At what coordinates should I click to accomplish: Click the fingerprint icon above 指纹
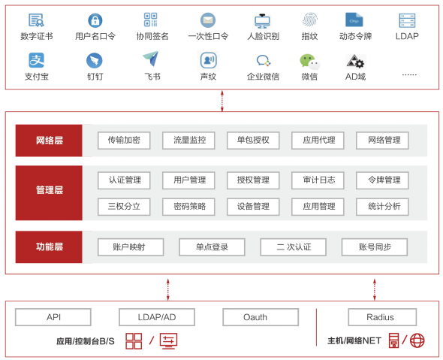pyautogui.click(x=310, y=20)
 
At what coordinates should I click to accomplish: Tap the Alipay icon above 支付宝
pyautogui.click(x=37, y=60)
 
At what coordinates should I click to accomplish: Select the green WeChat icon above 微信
pyautogui.click(x=309, y=62)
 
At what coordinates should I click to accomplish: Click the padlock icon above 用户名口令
pyautogui.click(x=95, y=20)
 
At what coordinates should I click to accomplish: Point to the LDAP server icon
pyautogui.click(x=407, y=20)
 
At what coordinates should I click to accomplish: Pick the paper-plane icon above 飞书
pyautogui.click(x=151, y=59)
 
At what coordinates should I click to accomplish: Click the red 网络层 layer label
pyautogui.click(x=49, y=141)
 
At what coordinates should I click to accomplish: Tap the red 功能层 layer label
pyautogui.click(x=49, y=247)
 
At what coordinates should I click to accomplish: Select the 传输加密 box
pyautogui.click(x=124, y=141)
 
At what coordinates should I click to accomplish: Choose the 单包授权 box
pyautogui.click(x=253, y=141)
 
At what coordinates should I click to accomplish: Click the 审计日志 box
pyautogui.click(x=318, y=180)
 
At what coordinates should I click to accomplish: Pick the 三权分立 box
pyautogui.click(x=124, y=207)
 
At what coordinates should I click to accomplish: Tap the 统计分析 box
pyautogui.click(x=382, y=207)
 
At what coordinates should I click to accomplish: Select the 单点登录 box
pyautogui.click(x=212, y=247)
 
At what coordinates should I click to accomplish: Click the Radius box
pyautogui.click(x=382, y=317)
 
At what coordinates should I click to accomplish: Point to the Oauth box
pyautogui.click(x=261, y=317)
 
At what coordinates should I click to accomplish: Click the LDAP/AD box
pyautogui.click(x=157, y=317)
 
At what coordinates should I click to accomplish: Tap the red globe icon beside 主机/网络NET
pyautogui.click(x=417, y=340)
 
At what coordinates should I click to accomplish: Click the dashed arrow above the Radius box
pyautogui.click(x=375, y=289)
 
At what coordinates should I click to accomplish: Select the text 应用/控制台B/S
pyautogui.click(x=86, y=341)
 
